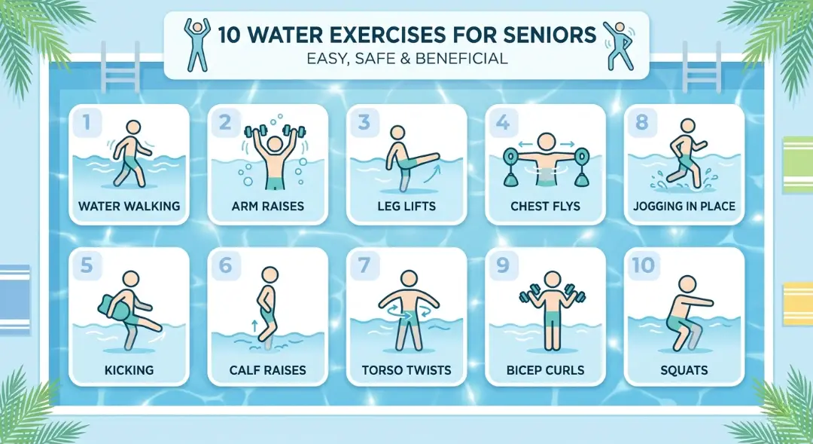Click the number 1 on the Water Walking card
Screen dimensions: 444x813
[85, 123]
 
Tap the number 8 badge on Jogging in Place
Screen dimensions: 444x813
[642, 123]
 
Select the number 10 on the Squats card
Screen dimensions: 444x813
[645, 265]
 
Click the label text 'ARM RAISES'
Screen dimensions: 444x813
[267, 207]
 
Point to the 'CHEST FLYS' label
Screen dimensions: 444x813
[545, 207]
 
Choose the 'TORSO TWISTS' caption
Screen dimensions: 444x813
[406, 370]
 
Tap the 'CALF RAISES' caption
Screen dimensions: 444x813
[267, 370]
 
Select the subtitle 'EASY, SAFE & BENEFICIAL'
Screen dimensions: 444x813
[406, 59]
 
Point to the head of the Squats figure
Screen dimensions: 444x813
[687, 284]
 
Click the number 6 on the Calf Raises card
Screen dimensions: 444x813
[224, 265]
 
